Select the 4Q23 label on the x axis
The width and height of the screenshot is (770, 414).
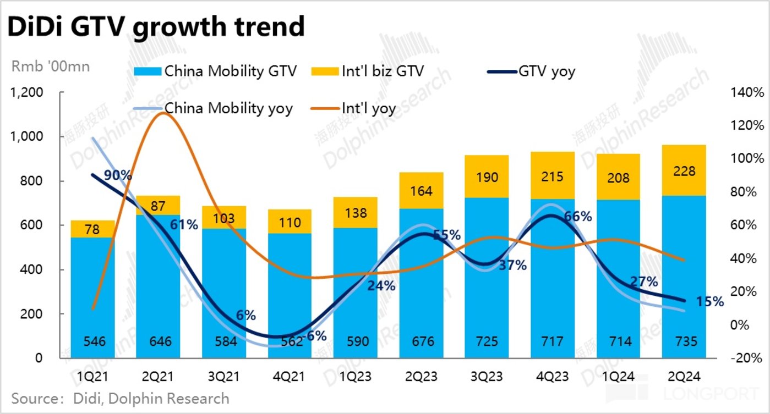[553, 377]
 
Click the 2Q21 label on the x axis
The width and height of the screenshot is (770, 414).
[158, 377]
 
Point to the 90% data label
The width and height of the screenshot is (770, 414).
[118, 175]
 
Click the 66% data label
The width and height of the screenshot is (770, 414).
[578, 216]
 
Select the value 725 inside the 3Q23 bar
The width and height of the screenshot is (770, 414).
[487, 341]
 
